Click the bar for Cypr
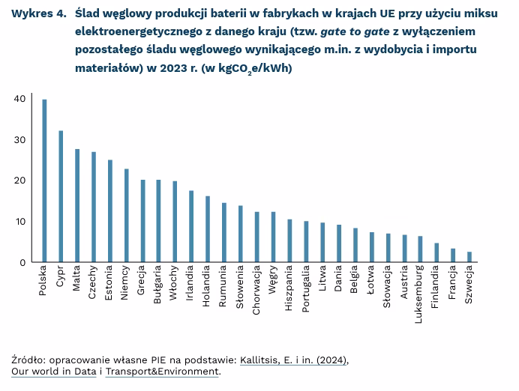tap(61, 196)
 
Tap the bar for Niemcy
tap(126, 216)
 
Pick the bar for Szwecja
tap(469, 257)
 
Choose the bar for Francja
tap(453, 255)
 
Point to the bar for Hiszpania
tap(289, 240)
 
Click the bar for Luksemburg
tap(420, 249)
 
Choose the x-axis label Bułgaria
tap(158, 286)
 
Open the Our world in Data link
tap(53, 371)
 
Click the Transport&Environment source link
tap(162, 371)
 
